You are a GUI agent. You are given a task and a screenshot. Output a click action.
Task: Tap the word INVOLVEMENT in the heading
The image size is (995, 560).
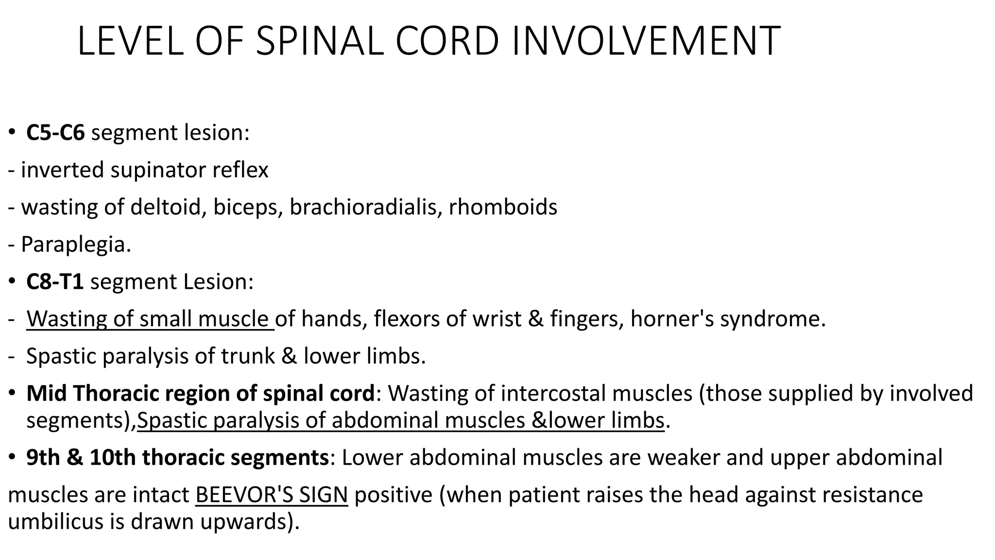click(x=646, y=41)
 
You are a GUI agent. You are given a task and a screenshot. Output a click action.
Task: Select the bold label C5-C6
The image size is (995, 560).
click(x=55, y=133)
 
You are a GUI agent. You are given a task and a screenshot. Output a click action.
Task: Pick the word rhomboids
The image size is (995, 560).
click(x=503, y=207)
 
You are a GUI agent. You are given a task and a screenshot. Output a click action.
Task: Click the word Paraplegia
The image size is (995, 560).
click(x=76, y=245)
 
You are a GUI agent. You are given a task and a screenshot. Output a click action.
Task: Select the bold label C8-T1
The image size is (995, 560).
click(x=55, y=282)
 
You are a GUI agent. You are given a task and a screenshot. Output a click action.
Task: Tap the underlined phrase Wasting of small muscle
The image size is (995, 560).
click(x=150, y=319)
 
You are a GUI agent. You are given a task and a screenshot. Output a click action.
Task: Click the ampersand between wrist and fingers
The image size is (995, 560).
click(x=535, y=319)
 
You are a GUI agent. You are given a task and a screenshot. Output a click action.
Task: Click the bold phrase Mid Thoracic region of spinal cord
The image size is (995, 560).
click(x=200, y=394)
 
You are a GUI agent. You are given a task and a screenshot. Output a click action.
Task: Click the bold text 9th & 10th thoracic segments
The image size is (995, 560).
click(x=177, y=458)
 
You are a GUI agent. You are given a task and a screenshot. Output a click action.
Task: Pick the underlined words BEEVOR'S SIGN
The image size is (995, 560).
click(x=272, y=495)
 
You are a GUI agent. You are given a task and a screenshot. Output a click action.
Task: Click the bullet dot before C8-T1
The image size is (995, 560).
click(x=12, y=282)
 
